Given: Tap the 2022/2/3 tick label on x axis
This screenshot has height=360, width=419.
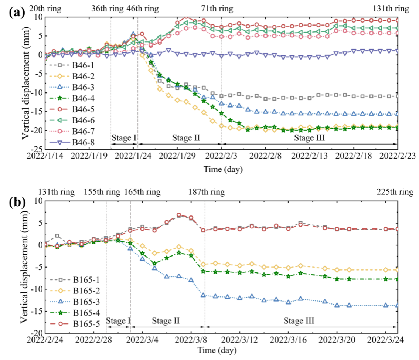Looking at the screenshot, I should [221, 156].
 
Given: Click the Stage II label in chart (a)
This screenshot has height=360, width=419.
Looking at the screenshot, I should [186, 138].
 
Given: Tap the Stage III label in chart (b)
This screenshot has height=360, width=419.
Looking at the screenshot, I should [299, 320].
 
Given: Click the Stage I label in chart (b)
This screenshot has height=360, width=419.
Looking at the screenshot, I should [118, 320].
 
